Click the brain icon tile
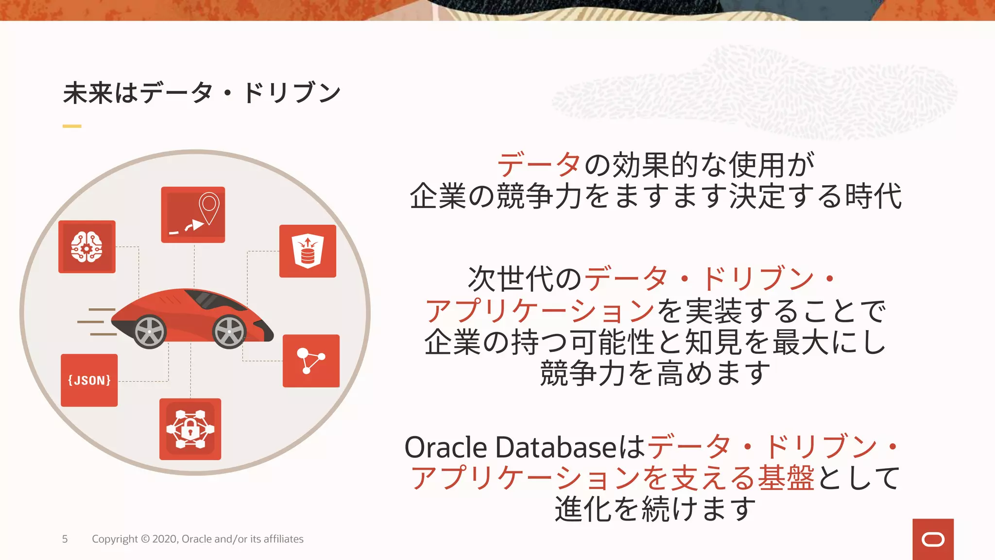click(87, 246)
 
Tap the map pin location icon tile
click(193, 214)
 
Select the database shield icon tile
click(308, 251)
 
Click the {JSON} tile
click(89, 380)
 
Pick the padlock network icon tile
click(190, 429)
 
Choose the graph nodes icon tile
click(311, 361)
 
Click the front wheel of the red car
click(229, 332)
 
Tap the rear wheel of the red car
click(149, 332)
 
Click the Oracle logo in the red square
click(933, 540)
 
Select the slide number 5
click(65, 539)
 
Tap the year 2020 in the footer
click(165, 539)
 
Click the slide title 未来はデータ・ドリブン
click(202, 93)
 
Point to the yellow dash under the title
click(72, 126)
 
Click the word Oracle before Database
click(446, 448)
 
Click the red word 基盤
click(786, 478)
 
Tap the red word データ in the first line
click(539, 165)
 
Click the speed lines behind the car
click(97, 322)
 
